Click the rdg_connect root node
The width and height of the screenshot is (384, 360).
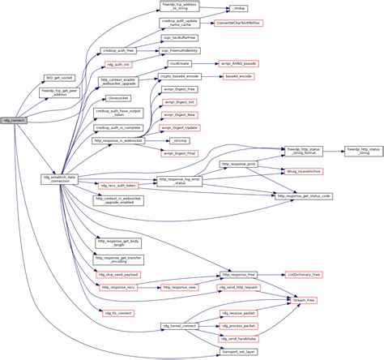pyautogui.click(x=15, y=120)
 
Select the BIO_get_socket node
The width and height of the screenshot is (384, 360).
pyautogui.click(x=60, y=78)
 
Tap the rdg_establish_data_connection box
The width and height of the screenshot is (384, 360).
pyautogui.click(x=60, y=179)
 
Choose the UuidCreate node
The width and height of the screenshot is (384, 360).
pyautogui.click(x=178, y=62)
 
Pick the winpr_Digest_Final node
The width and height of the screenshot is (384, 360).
pyautogui.click(x=179, y=152)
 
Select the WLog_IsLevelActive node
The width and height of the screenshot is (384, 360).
pyautogui.click(x=304, y=172)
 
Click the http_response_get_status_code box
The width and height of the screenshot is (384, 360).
pyautogui.click(x=304, y=196)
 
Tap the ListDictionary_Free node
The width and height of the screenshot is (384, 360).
pyautogui.click(x=304, y=276)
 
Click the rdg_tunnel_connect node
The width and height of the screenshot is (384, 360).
pyautogui.click(x=179, y=325)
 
